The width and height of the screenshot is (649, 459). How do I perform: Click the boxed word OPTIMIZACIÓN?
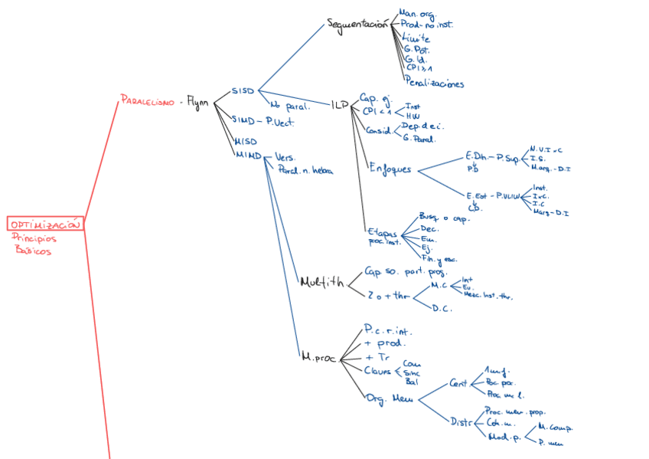(45, 224)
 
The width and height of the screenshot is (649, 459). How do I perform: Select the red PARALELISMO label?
(147, 100)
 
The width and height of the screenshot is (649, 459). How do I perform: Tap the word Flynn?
(197, 102)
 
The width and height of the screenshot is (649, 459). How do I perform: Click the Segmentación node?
(357, 24)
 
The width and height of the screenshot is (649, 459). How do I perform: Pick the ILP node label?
(340, 103)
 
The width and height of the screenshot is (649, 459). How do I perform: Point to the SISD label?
(243, 91)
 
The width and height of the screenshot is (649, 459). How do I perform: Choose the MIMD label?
(247, 155)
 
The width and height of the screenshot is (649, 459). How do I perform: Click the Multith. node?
(321, 281)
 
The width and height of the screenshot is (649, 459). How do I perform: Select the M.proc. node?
(318, 357)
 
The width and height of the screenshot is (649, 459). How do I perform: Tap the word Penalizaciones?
(435, 84)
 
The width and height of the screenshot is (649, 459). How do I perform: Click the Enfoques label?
(390, 169)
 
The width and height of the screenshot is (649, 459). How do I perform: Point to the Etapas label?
(382, 231)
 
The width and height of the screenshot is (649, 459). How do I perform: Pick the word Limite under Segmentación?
(416, 38)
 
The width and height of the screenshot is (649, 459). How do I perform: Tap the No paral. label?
(289, 106)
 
